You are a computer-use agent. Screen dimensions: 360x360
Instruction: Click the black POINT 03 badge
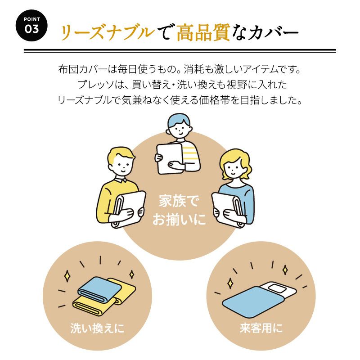[x=31, y=25]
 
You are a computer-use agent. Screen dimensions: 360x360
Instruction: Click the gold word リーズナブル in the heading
[x=106, y=32]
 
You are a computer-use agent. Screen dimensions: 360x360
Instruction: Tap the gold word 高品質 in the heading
[x=203, y=32]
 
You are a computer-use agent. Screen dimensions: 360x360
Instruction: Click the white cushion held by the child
[x=170, y=158]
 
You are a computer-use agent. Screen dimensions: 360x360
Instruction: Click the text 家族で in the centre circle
[x=179, y=201]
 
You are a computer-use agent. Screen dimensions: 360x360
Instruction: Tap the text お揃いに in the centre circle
[x=179, y=219]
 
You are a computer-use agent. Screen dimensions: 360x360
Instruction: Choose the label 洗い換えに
[x=97, y=328]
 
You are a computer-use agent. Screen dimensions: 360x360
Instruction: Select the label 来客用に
[x=261, y=328]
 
